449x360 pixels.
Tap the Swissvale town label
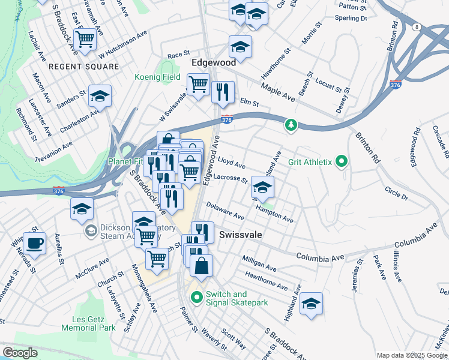(241, 235)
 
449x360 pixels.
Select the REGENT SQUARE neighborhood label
(84, 67)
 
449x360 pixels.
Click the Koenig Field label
(158, 77)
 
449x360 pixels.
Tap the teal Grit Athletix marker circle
(342, 161)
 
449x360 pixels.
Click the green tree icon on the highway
(291, 124)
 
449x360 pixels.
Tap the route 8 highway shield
(416, 26)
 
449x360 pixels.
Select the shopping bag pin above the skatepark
(201, 265)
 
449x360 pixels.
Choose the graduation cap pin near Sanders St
(100, 95)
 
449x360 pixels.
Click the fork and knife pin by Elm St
(223, 92)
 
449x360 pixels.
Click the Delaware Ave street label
(225, 211)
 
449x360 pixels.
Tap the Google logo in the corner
(20, 353)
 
